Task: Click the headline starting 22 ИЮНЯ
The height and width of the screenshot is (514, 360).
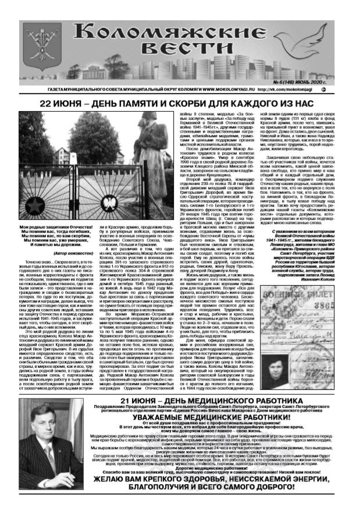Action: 180,104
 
